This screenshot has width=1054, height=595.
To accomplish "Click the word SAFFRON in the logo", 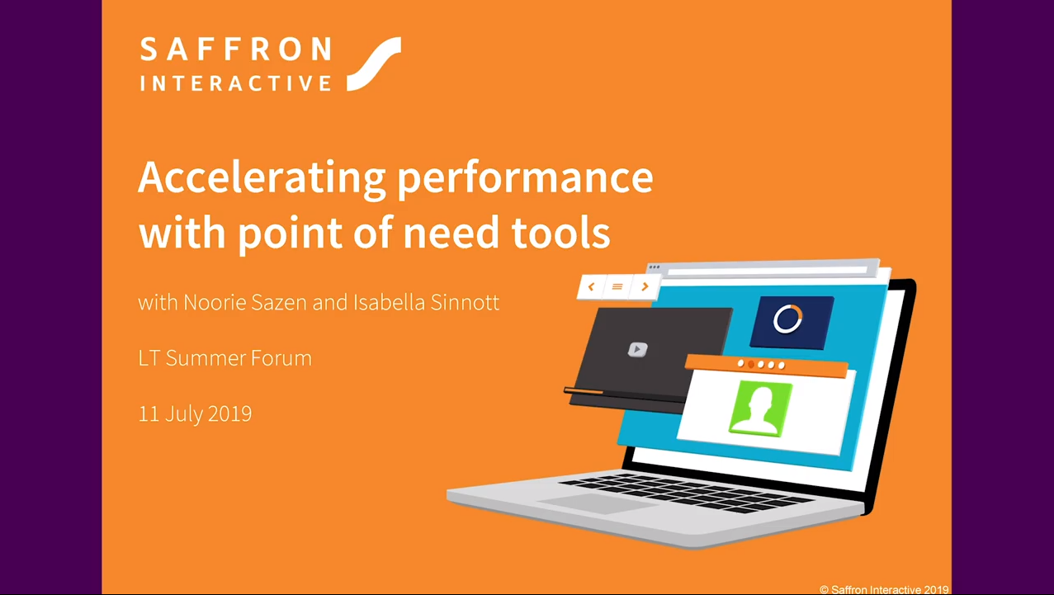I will tap(235, 50).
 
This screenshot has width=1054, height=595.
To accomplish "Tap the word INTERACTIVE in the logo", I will tap(235, 83).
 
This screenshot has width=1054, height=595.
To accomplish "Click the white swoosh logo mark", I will tap(374, 64).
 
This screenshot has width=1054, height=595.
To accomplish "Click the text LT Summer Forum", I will tap(225, 358).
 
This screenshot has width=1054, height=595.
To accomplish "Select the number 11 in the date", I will tap(149, 413).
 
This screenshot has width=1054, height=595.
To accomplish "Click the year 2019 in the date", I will tap(229, 413).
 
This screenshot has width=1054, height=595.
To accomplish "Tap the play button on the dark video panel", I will tap(637, 349).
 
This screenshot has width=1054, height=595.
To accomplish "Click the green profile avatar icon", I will tap(759, 407).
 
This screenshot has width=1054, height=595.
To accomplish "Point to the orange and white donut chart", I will tap(787, 319).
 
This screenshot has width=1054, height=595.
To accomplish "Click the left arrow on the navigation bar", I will tap(591, 286).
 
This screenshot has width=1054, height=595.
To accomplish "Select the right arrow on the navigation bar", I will tap(645, 286).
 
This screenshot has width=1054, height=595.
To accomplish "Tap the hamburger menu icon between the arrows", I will tap(617, 286).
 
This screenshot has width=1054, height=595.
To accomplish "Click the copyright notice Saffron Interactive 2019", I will tap(884, 589).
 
